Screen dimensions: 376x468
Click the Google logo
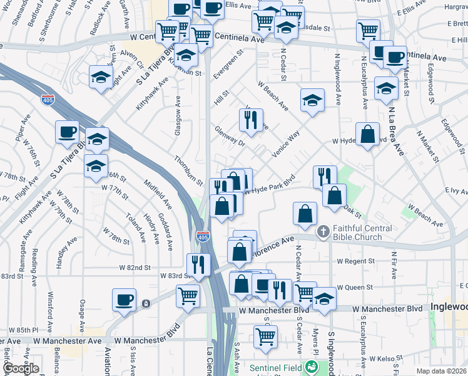pos(21,368)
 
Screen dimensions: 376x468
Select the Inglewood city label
pos(449,307)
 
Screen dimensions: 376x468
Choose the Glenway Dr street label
pos(230,137)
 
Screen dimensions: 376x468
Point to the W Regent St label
pos(355,261)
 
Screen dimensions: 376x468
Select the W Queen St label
pos(355,287)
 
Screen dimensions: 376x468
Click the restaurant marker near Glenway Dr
pos(251,120)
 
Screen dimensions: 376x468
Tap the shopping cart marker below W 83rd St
pos(188,296)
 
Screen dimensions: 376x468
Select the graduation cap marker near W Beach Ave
pos(312,100)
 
